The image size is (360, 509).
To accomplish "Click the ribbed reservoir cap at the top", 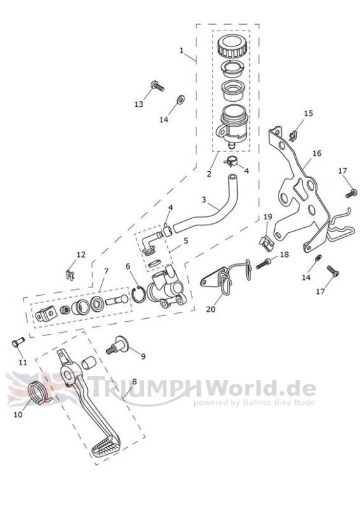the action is coord(231,47).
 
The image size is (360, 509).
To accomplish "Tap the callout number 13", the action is coord(139,104).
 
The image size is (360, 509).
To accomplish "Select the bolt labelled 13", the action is coord(157,86).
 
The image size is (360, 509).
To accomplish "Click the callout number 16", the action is coord(317,153).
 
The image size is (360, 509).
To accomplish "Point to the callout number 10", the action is coord(18,415).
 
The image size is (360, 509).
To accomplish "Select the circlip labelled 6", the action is coord(139,294).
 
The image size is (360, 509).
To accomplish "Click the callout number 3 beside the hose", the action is coord(204,199).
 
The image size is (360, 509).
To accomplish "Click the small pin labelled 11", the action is coord(18,342).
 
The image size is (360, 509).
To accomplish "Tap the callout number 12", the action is coord(81,255).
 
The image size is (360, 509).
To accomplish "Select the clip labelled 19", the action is coord(267,243).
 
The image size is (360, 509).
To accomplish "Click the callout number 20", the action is coord(211,309).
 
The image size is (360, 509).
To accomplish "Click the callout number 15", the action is coord(308,113).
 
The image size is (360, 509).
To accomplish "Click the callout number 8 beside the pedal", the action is coord(134,382).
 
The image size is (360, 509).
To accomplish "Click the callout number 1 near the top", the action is coord(181,50).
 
